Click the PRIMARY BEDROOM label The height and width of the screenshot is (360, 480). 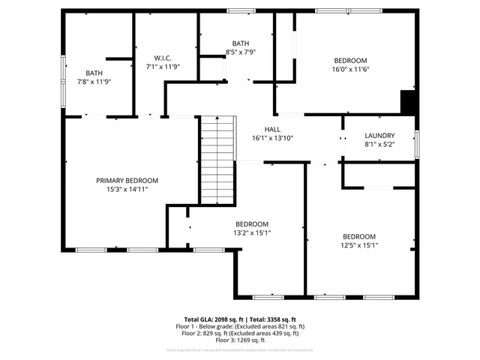pyautogui.click(x=127, y=180)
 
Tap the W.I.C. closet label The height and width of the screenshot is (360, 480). pyautogui.click(x=163, y=58)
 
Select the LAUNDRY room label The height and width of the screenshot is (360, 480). pyautogui.click(x=379, y=135)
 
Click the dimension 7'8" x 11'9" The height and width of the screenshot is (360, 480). pyautogui.click(x=94, y=82)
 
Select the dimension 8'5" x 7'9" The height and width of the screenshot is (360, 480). pyautogui.click(x=241, y=52)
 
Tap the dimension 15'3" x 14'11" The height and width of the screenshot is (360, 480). pyautogui.click(x=127, y=189)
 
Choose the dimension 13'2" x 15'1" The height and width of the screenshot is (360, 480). pyautogui.click(x=252, y=232)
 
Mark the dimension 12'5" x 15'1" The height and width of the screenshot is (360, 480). pyautogui.click(x=359, y=244)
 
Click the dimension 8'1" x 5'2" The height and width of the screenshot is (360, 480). pyautogui.click(x=379, y=144)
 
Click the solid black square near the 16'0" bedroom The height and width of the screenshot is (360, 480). pyautogui.click(x=408, y=101)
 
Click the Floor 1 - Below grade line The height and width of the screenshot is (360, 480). pyautogui.click(x=240, y=326)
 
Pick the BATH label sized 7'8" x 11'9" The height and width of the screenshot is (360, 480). pyautogui.click(x=94, y=73)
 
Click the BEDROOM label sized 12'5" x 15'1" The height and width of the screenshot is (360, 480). pyautogui.click(x=359, y=235)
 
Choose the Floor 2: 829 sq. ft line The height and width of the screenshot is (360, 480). pyautogui.click(x=240, y=333)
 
